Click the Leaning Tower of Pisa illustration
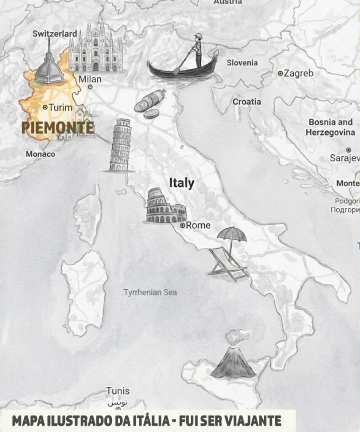(120, 146)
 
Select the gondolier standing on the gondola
(198, 51)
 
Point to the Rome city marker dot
(182, 226)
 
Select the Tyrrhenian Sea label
(150, 292)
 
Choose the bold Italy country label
(181, 183)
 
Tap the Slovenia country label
(242, 63)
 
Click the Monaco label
(41, 154)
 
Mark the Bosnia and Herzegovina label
(330, 127)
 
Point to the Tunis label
(118, 391)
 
